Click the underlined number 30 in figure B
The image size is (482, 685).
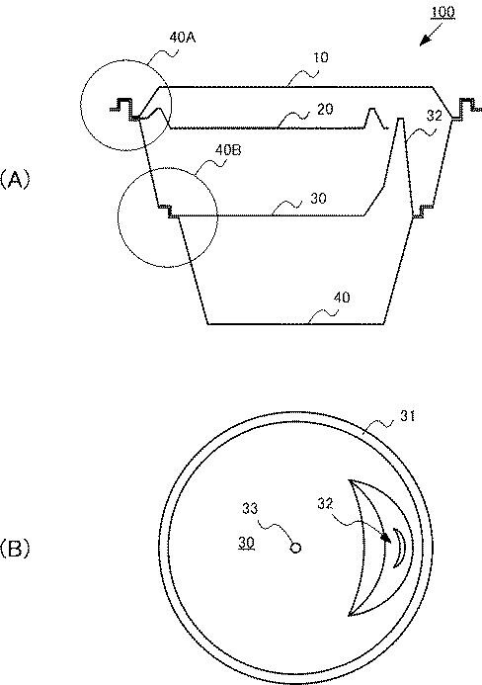click(248, 544)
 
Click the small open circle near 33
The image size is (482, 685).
click(294, 547)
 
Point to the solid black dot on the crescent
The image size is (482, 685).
click(385, 538)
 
